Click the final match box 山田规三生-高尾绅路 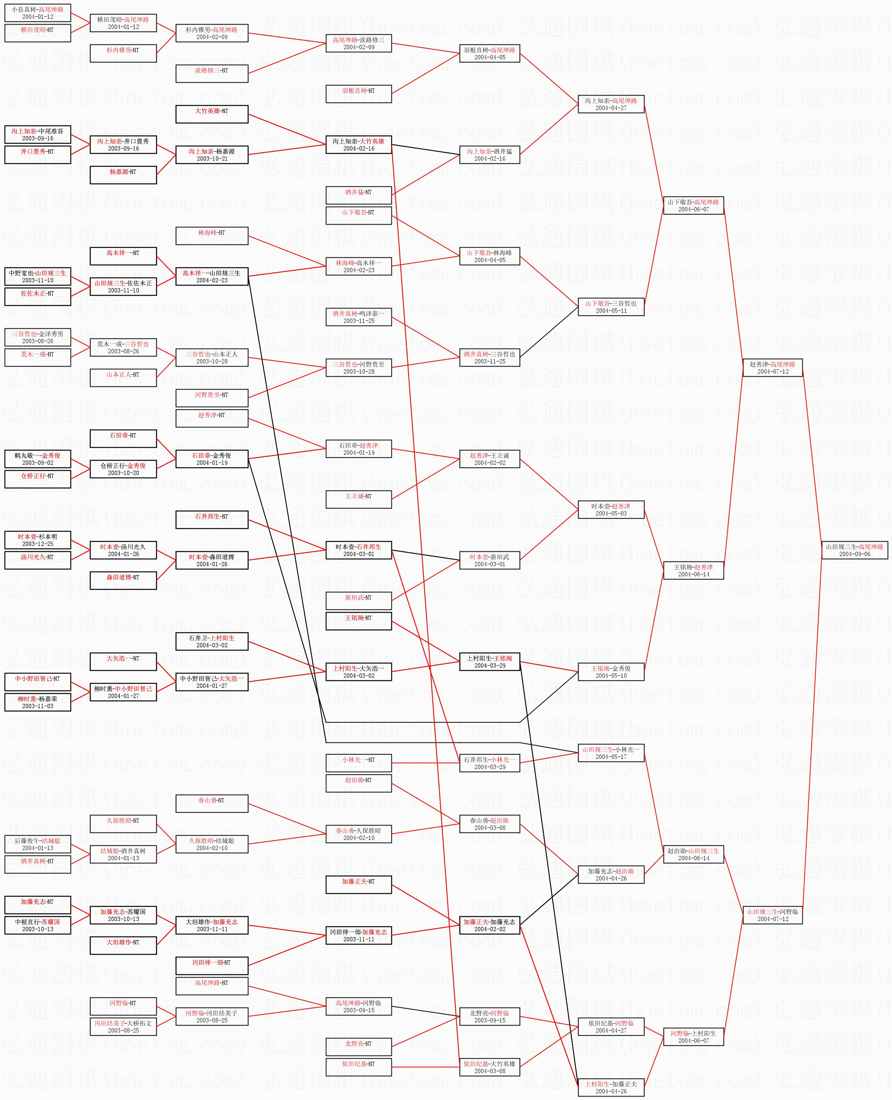coord(855,550)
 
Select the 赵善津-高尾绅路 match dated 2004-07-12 coord(772,368)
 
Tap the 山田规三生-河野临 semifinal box coord(772,915)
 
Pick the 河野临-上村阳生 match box coord(693,1037)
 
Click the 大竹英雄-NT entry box coord(212,114)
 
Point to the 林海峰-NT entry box coord(212,236)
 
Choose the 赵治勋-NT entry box coord(359,783)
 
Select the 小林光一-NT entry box coord(359,763)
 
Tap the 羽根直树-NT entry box coord(359,94)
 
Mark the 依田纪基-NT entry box coord(359,1067)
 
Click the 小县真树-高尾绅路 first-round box coord(37,13)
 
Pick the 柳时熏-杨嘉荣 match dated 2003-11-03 coord(37,702)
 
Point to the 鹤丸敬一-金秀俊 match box coord(37,459)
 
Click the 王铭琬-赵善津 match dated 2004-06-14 coord(693,570)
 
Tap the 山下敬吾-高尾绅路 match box coord(693,205)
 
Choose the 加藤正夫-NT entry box coord(359,885)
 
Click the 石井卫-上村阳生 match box coord(212,641)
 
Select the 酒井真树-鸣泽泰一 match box coord(359,317)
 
